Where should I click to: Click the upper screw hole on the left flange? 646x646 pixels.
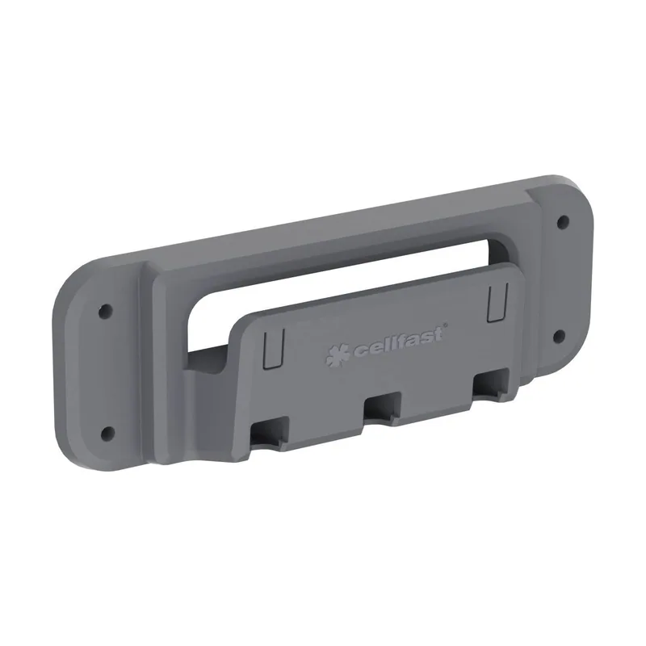[106, 310]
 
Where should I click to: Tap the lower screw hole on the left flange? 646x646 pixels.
[108, 432]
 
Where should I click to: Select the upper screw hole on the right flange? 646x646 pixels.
[563, 223]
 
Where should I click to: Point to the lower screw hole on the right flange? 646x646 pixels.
[559, 336]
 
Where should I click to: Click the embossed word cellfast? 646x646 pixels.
[399, 341]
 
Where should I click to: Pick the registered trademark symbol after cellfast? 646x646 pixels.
[446, 325]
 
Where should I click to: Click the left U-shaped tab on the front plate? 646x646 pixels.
[274, 347]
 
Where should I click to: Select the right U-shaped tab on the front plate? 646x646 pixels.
[497, 302]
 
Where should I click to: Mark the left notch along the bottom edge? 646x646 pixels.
[271, 433]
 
